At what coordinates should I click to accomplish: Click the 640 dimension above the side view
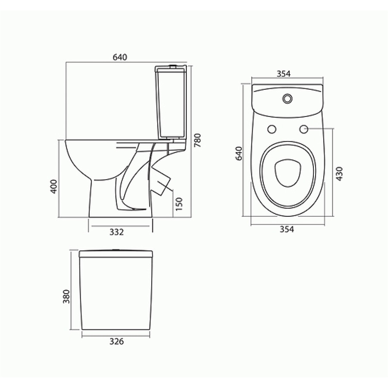(120, 57)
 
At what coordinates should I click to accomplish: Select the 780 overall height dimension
(198, 140)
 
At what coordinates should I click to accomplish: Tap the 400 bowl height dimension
(54, 186)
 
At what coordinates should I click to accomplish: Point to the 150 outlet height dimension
(178, 204)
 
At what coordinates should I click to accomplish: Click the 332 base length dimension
(116, 232)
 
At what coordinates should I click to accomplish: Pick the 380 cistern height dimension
(66, 297)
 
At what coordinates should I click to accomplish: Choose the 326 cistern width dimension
(116, 341)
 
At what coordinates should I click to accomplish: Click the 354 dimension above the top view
(284, 74)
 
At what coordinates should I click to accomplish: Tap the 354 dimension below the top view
(287, 229)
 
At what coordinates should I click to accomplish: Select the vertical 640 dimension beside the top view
(239, 153)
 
